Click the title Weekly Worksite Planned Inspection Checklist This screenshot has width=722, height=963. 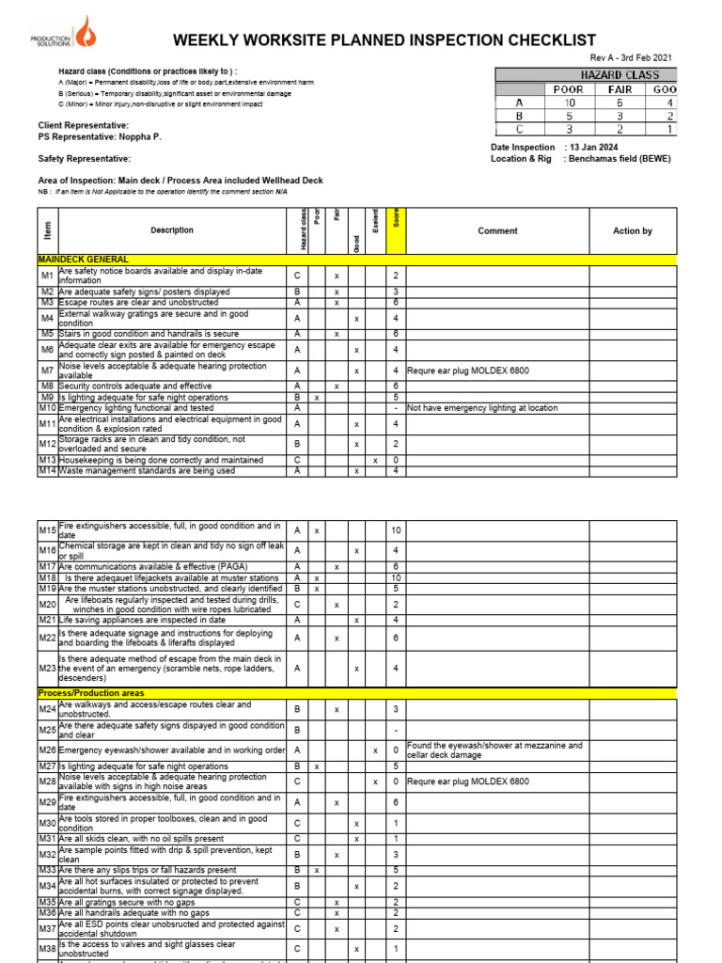coord(385,39)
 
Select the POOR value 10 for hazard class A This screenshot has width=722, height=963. coord(569,103)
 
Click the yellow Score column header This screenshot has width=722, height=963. coord(396,230)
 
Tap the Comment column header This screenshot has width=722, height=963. coord(497,230)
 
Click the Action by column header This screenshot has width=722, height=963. coord(632,230)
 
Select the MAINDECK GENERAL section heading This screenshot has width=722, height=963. coord(84,259)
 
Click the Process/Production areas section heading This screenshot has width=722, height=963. coord(91,693)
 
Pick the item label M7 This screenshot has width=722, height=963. coord(47,371)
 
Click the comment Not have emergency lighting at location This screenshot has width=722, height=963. coord(482,408)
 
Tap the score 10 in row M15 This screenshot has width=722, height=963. coord(396,531)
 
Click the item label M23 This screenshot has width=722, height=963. coord(47,668)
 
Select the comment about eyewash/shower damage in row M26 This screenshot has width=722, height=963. coord(494,750)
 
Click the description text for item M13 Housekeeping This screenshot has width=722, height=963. coord(147,460)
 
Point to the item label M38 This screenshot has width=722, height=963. coord(47,949)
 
